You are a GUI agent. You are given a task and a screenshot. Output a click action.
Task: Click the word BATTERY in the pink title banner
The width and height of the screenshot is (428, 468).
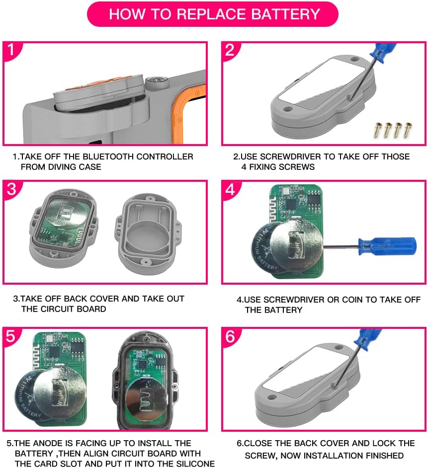point(285,14)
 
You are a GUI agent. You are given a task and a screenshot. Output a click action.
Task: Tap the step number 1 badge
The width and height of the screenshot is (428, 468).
point(11,50)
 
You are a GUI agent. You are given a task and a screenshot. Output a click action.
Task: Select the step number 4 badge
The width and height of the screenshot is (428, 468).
point(230,189)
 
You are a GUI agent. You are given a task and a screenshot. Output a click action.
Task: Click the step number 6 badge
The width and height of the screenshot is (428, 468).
point(230,336)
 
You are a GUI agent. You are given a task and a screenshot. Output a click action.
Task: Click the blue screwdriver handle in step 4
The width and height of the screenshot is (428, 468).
point(387,246)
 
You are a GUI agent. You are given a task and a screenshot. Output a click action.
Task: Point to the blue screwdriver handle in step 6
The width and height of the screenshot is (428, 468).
point(367,339)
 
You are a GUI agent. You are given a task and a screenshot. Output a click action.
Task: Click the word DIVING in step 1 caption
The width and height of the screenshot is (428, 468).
point(62,166)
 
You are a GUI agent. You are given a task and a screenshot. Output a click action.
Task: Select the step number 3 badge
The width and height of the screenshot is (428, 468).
point(11,189)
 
